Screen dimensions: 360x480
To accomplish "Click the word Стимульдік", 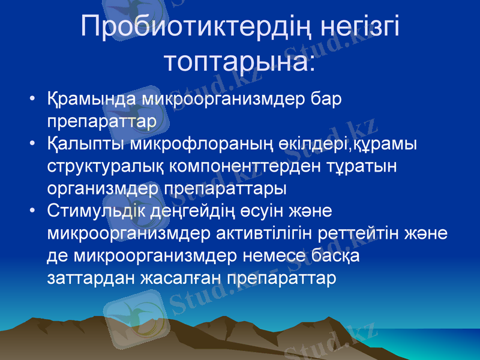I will pyautogui.click(x=94, y=211).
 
